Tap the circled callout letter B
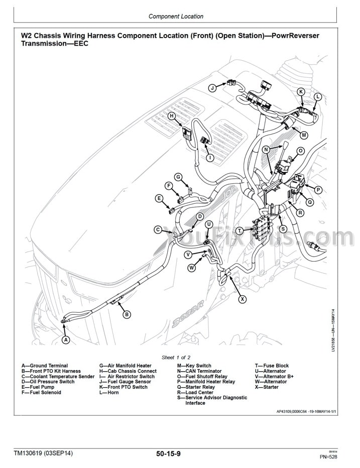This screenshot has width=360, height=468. point(127,314)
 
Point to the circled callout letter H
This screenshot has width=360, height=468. point(171,116)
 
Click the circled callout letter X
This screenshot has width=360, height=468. point(243,299)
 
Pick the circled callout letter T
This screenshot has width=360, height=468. point(239,230)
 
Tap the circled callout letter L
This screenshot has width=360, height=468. point(317,96)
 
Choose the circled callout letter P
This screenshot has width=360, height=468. point(318,189)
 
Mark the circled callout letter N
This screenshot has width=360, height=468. point(267,150)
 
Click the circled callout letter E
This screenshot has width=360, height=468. point(159,198)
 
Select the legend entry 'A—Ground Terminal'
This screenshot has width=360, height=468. point(45,366)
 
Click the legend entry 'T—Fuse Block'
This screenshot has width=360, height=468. point(272,366)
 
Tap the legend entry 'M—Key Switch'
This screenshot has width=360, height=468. point(194,366)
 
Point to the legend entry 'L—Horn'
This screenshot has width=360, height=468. point(109,392)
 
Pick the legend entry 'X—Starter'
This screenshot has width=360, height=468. point(267,387)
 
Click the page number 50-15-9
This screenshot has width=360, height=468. point(168,454)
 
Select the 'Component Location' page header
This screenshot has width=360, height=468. point(176,17)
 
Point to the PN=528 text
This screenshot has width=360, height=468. point(329,457)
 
